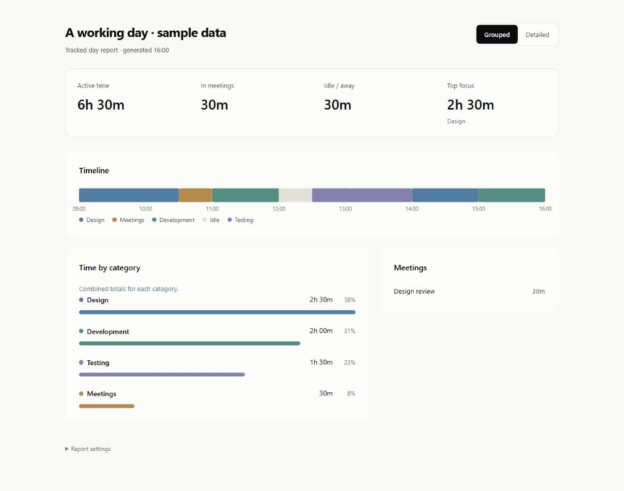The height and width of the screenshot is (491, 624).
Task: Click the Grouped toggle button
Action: pyautogui.click(x=497, y=35)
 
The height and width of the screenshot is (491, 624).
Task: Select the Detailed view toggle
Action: pyautogui.click(x=537, y=35)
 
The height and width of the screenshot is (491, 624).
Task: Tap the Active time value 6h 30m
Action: pyautogui.click(x=101, y=105)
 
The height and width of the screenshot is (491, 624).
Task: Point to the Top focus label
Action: pyautogui.click(x=460, y=86)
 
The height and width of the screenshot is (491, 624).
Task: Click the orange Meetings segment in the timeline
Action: pyautogui.click(x=196, y=195)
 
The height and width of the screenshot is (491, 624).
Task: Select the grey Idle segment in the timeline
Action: pyautogui.click(x=295, y=195)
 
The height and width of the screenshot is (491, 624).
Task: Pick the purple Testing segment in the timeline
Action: pyautogui.click(x=362, y=195)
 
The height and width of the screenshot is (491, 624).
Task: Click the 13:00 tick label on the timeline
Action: pyautogui.click(x=346, y=208)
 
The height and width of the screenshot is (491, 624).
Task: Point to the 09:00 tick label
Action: pyautogui.click(x=79, y=208)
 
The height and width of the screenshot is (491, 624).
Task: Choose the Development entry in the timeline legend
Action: pyautogui.click(x=173, y=220)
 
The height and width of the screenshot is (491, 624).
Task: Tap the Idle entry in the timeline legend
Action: pyautogui.click(x=211, y=220)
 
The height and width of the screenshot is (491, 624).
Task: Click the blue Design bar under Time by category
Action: pyautogui.click(x=217, y=312)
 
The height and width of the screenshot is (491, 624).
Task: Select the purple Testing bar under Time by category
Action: pyautogui.click(x=162, y=374)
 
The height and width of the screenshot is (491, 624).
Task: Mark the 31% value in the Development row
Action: pyautogui.click(x=349, y=331)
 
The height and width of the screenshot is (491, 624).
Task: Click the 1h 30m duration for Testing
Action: pyautogui.click(x=321, y=362)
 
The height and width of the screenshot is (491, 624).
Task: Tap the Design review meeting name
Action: pyautogui.click(x=414, y=291)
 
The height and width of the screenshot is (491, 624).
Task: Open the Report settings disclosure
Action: pyautogui.click(x=88, y=449)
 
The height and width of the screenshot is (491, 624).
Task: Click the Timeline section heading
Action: pyautogui.click(x=94, y=171)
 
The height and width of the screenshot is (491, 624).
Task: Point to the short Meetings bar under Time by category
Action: pyautogui.click(x=107, y=406)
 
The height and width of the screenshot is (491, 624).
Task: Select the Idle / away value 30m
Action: pyautogui.click(x=338, y=105)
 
